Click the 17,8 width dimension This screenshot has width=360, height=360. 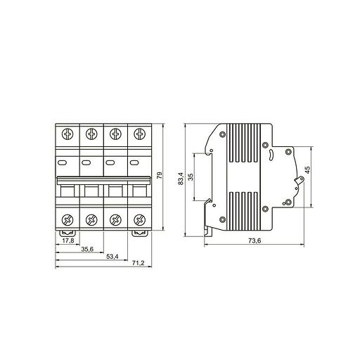(x=68, y=240)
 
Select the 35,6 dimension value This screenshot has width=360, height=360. (x=87, y=249)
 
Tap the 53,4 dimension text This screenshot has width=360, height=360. (x=112, y=257)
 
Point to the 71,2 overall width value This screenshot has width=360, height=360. (x=138, y=263)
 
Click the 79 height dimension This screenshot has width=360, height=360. (x=160, y=175)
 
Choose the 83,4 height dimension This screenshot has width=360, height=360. (x=181, y=179)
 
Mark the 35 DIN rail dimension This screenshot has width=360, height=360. (x=191, y=176)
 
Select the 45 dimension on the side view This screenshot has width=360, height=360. (x=307, y=169)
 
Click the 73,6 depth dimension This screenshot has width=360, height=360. (x=255, y=240)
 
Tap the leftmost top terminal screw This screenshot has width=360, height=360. (x=67, y=134)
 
